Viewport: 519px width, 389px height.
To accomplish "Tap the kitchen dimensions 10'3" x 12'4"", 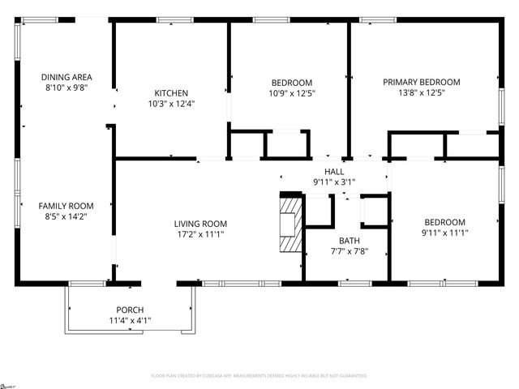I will pyautogui.click(x=171, y=103).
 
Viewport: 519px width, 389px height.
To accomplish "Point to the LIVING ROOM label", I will pyautogui.click(x=200, y=224).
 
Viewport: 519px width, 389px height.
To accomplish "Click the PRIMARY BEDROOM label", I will pyautogui.click(x=422, y=82).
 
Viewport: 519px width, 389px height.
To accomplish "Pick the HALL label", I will pyautogui.click(x=334, y=172).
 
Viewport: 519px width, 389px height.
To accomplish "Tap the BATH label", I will pyautogui.click(x=350, y=241).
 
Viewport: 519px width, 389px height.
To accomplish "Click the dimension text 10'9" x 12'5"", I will pyautogui.click(x=291, y=92).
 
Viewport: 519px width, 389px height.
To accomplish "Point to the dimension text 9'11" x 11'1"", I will pyautogui.click(x=445, y=233).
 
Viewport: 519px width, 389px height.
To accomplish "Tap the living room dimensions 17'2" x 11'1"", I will pyautogui.click(x=200, y=234).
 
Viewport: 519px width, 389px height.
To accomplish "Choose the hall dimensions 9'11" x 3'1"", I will pyautogui.click(x=334, y=182).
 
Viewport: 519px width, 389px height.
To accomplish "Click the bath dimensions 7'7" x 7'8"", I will pyautogui.click(x=350, y=251).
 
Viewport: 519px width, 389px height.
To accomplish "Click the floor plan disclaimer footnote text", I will pyautogui.click(x=259, y=376).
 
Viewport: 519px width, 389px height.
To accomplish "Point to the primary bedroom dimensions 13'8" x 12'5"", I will pyautogui.click(x=422, y=92).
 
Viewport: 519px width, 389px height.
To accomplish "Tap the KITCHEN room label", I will pyautogui.click(x=171, y=92).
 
